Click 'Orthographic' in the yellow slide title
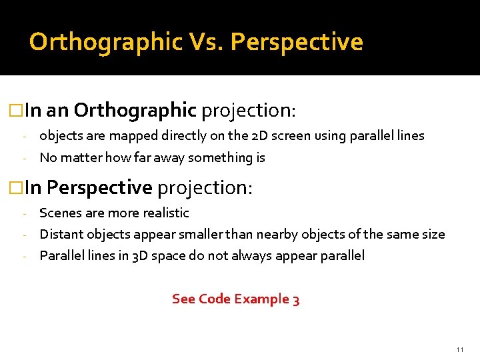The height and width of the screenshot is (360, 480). coord(105,42)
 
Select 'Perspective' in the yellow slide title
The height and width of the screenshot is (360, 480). coord(297,42)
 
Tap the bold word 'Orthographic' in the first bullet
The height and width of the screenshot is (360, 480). coord(135,109)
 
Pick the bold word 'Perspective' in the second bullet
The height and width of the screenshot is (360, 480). coord(99,188)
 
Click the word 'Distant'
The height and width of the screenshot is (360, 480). coord(61,235)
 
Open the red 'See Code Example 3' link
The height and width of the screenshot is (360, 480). coord(235,299)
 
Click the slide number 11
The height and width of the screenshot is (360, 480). coord(459,349)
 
